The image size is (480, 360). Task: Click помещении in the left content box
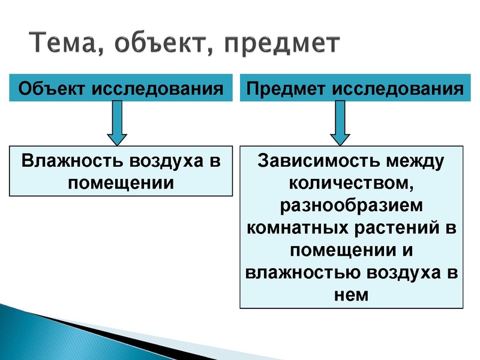pos(121,181)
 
